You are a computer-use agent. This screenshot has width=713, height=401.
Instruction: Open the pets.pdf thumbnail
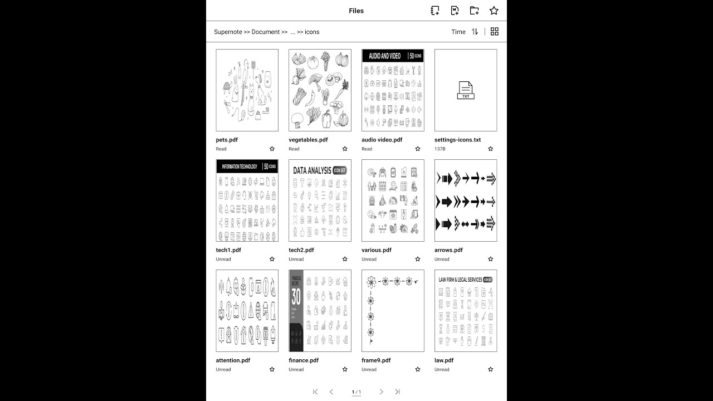point(247,90)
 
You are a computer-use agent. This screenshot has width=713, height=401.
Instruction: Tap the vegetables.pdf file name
point(308,140)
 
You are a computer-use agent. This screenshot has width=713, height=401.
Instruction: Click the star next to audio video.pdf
point(418,149)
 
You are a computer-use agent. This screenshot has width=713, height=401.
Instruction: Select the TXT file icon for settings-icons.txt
point(466,90)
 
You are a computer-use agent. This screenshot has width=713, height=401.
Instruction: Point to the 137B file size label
point(440,149)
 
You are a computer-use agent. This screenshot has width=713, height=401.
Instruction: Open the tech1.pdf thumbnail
point(247,200)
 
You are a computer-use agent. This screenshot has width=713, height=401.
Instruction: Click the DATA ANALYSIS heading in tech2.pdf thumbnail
point(312,170)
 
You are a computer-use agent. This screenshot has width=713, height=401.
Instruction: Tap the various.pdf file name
point(377,250)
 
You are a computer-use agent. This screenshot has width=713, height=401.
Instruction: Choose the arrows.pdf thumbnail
point(466,200)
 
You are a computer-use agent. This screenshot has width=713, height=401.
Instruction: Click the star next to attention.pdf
point(272,369)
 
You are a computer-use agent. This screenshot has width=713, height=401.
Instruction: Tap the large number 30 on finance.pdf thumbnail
point(296,296)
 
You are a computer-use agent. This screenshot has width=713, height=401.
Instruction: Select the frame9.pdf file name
point(376,360)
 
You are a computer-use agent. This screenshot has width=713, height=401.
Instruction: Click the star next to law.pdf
point(491,369)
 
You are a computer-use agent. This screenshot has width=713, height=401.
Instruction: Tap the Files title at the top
point(356,11)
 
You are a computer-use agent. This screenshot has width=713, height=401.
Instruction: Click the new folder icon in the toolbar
point(474,11)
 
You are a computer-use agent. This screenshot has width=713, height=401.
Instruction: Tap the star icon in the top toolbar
point(494,11)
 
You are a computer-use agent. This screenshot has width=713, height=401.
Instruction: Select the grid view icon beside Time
point(495,32)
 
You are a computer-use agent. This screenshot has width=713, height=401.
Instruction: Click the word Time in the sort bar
point(458,32)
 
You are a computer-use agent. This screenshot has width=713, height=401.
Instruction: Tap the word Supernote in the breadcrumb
point(228,32)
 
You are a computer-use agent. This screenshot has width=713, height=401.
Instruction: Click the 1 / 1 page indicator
point(356,392)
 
